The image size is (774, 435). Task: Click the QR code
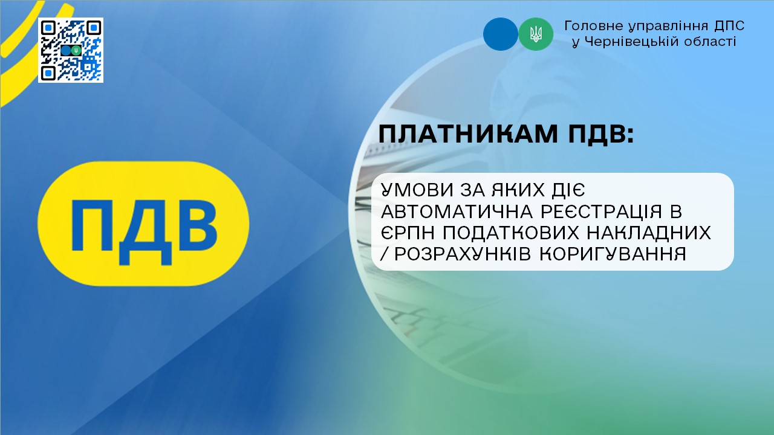point(71,50)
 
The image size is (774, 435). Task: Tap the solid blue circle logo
point(500,34)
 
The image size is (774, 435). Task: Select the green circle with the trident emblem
point(536,34)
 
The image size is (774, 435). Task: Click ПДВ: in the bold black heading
point(601,134)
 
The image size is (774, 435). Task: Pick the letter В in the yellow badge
point(198,225)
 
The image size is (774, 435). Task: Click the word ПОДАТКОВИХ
point(510,233)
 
